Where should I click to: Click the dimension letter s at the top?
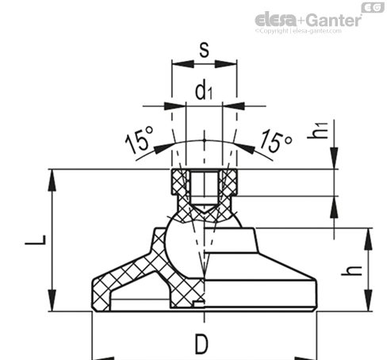(204, 50)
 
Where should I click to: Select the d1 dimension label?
(204, 90)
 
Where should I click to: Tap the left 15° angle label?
(139, 140)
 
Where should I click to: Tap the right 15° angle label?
(277, 141)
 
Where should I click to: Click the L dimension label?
(36, 240)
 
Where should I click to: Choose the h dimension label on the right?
(351, 270)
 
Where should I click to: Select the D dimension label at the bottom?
(201, 344)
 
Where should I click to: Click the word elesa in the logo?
(276, 20)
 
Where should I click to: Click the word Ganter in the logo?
(335, 20)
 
